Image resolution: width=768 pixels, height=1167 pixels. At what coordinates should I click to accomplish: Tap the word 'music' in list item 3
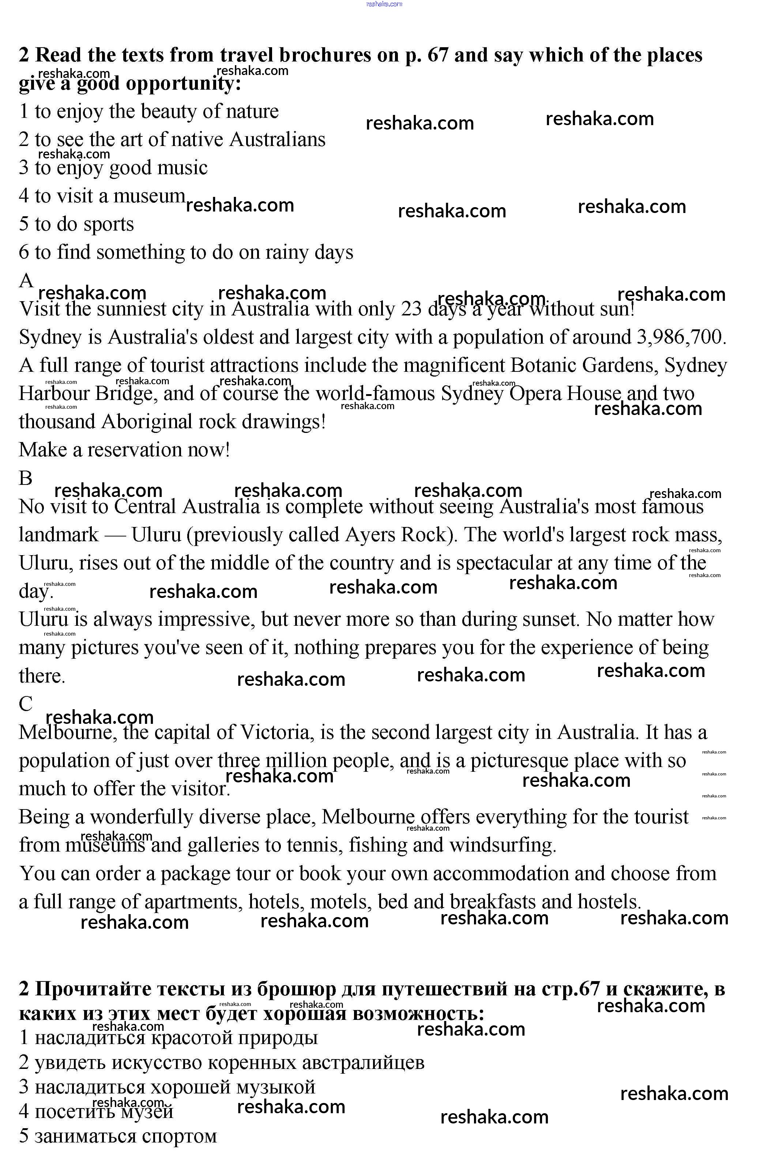[x=183, y=168]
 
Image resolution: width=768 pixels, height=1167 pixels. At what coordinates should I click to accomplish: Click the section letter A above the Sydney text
[x=26, y=281]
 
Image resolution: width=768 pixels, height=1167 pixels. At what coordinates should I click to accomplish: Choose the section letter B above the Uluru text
[x=26, y=478]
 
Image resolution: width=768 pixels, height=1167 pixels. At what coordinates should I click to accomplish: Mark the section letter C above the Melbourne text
[x=26, y=704]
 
